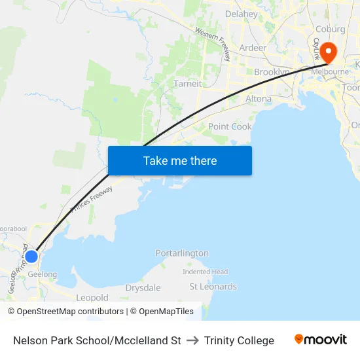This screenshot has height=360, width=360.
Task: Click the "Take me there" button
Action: (180, 160)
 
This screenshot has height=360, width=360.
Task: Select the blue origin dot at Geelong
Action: (31, 255)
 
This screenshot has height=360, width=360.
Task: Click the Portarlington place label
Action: (182, 253)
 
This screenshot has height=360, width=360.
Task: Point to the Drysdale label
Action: (143, 288)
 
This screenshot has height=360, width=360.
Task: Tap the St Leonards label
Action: (213, 287)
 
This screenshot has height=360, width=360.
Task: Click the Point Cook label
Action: (230, 126)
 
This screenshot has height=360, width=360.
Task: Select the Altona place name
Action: (258, 99)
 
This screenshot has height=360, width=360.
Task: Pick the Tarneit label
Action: (187, 84)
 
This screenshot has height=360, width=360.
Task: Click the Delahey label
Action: (241, 14)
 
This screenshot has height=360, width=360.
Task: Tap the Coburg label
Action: (330, 29)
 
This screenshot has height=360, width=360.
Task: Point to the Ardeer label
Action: (253, 48)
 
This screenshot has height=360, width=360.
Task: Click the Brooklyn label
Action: (272, 71)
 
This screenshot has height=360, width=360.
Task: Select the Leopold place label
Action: (92, 298)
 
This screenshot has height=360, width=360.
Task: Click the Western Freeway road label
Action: (213, 43)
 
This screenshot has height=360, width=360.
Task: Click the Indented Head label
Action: (205, 272)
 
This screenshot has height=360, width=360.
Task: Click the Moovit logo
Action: (321, 340)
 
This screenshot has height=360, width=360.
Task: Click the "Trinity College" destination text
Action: (239, 340)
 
